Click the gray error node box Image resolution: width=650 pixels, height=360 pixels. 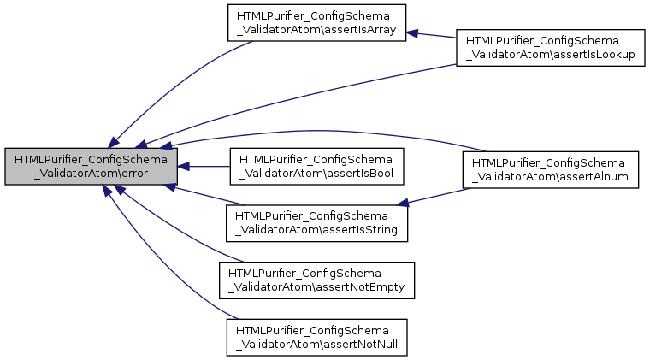(x=91, y=166)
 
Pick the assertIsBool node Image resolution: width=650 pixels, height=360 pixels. (x=316, y=166)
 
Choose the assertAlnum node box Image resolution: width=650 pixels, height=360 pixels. (x=551, y=170)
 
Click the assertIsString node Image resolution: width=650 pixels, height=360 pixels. (x=316, y=221)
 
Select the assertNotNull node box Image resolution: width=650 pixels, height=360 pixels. (x=316, y=337)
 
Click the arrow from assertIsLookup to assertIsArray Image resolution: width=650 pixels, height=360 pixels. (x=432, y=36)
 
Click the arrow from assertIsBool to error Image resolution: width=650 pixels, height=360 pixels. (x=205, y=166)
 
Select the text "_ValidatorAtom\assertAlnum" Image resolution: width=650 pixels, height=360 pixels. (x=551, y=177)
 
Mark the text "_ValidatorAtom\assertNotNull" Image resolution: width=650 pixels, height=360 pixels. (x=316, y=344)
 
